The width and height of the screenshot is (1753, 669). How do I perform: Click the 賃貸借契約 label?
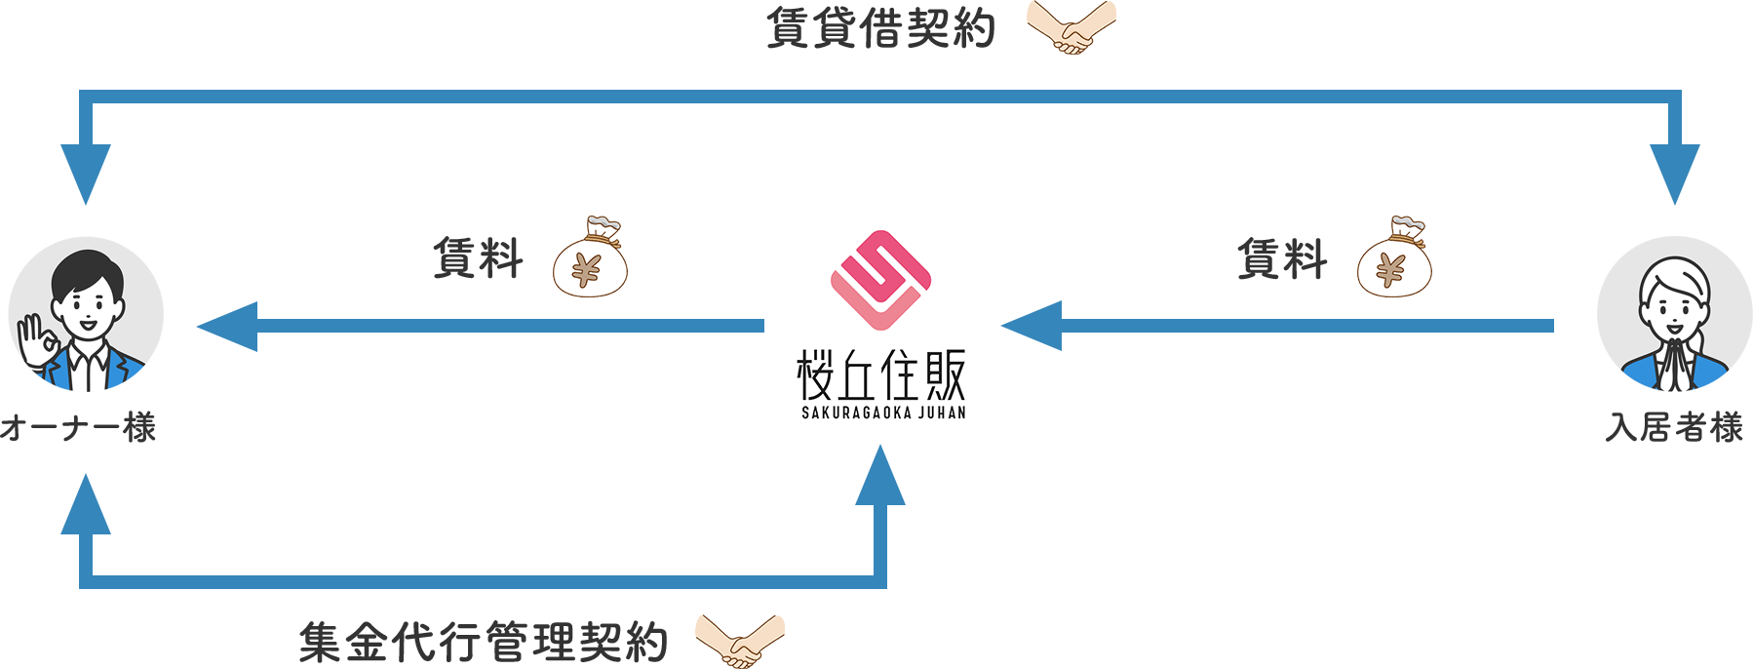click(880, 28)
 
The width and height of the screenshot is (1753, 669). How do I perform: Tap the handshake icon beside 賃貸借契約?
click(1071, 27)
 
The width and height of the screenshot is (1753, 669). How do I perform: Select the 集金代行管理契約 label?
click(483, 642)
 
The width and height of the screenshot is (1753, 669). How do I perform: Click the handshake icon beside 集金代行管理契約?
click(740, 640)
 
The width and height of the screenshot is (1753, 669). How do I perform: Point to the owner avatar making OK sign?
click(86, 314)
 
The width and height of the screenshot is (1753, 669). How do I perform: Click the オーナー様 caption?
click(78, 427)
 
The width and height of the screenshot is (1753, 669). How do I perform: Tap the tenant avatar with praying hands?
click(1674, 314)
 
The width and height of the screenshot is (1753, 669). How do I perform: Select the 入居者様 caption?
click(1674, 427)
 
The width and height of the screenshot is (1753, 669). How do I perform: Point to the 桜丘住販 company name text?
click(881, 375)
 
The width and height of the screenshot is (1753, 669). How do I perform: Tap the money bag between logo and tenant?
click(1394, 257)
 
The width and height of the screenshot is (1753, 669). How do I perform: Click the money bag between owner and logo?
click(590, 257)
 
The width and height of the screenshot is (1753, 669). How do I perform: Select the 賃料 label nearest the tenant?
click(1282, 259)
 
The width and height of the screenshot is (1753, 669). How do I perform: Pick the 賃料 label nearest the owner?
click(478, 259)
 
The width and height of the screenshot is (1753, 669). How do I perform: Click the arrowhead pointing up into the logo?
click(880, 476)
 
